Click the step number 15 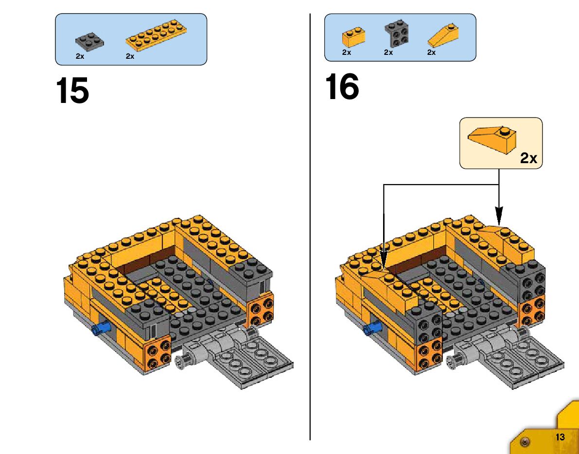point(72,91)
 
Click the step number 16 point(342,87)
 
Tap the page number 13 point(560,437)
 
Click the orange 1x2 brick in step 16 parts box point(353,37)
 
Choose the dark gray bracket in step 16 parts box point(396,34)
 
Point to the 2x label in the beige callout point(528,158)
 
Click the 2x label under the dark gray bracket point(388,52)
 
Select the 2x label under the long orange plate point(130,56)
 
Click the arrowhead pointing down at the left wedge point(384,255)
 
